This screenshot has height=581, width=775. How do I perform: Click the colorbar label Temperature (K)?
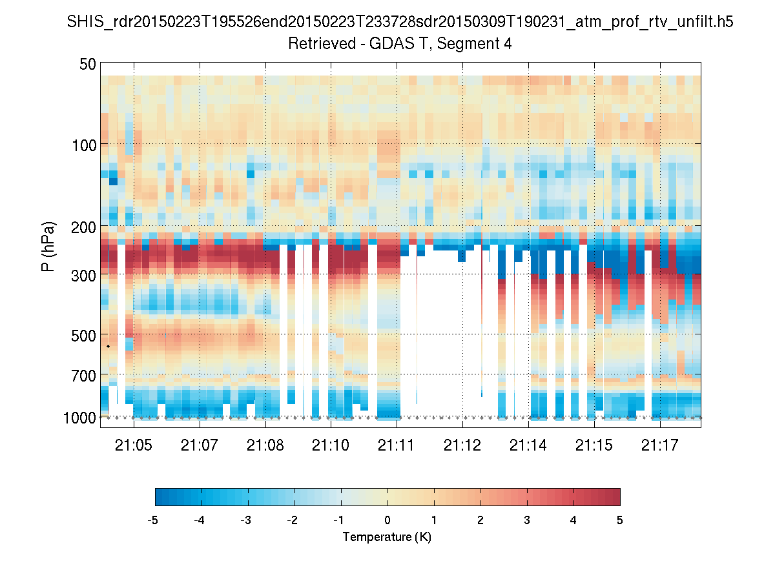(387, 537)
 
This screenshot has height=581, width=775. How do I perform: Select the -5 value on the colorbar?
(154, 520)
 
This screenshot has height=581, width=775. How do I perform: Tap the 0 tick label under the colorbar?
(387, 520)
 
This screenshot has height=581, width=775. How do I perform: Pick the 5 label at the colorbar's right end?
(620, 520)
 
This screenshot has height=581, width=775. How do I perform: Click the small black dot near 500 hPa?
(108, 347)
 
